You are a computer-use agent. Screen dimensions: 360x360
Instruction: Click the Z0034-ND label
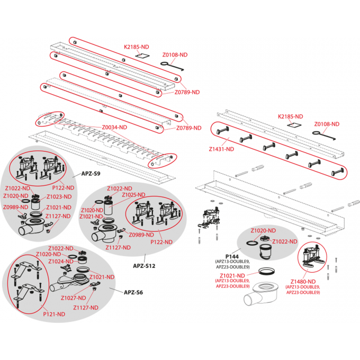(x=114, y=127)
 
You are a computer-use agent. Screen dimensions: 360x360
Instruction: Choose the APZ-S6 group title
(x=133, y=292)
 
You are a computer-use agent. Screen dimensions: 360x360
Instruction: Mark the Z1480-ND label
(x=303, y=281)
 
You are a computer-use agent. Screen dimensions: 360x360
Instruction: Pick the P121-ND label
(x=54, y=314)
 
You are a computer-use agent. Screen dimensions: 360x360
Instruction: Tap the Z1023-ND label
(x=60, y=197)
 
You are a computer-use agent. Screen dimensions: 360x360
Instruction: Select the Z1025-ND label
(x=134, y=195)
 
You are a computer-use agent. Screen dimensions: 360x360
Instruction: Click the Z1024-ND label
(x=59, y=261)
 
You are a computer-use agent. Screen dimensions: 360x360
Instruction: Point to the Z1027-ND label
(x=73, y=298)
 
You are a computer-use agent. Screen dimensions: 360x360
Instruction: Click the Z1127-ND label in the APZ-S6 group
(x=86, y=308)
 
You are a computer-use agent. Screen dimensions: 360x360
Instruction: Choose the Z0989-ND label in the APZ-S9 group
(x=15, y=207)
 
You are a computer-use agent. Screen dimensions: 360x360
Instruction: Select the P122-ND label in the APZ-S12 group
(x=162, y=242)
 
